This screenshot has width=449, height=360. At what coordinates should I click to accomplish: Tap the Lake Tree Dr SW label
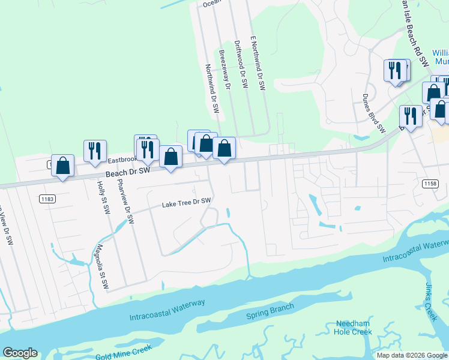187,203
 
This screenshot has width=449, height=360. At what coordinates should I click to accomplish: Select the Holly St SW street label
104,199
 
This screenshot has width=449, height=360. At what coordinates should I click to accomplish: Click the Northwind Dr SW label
212,89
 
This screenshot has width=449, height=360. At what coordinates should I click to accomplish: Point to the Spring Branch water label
270,311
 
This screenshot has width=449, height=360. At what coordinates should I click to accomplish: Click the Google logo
20,353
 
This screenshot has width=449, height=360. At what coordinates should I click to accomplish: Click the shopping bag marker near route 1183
62,166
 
